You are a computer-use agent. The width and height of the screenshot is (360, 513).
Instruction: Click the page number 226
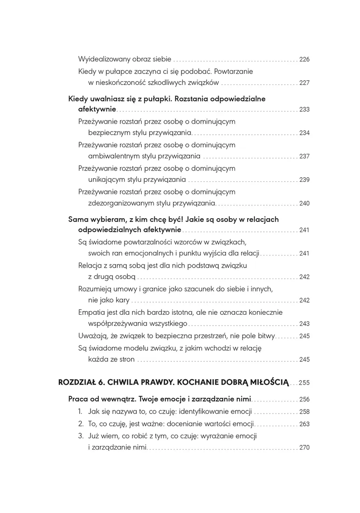tap(304, 60)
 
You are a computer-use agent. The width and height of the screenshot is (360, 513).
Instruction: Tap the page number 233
tap(304, 110)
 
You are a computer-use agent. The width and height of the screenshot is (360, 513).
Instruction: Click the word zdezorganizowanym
tap(120, 203)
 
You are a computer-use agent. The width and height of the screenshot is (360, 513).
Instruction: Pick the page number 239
tap(304, 180)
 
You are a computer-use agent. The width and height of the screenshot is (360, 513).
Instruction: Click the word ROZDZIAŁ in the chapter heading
tap(76, 382)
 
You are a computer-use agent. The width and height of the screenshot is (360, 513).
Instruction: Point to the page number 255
tap(304, 382)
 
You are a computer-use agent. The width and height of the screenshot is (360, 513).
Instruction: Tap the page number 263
tap(304, 424)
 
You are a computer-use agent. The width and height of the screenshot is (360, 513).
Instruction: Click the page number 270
tap(304, 448)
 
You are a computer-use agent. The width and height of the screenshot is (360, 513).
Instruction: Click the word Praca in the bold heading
tap(78, 399)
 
